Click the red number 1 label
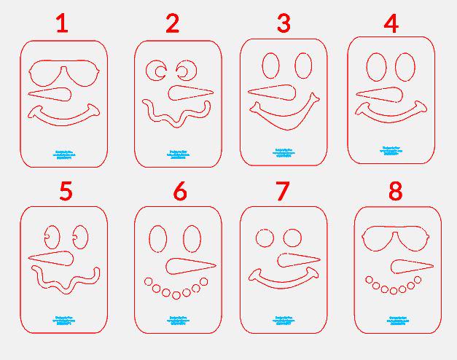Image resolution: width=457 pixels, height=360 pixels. pos(62,24)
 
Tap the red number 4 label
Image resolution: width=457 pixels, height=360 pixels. pos(391,23)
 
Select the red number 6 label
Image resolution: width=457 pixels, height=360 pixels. pos(179,192)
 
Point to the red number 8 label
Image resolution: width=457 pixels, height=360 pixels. pos(395,192)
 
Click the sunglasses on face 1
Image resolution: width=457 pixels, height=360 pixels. pos(63,74)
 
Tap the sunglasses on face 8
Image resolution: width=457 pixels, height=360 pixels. pos(397,240)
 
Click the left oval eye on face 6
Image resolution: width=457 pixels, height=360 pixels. pos(158,238)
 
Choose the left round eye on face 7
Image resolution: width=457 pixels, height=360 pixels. pos(264,238)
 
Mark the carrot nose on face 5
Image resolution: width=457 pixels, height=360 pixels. pos(55,257)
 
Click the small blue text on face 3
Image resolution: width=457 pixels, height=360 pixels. pos(283,152)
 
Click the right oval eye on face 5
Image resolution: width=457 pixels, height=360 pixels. pos(79,236)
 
